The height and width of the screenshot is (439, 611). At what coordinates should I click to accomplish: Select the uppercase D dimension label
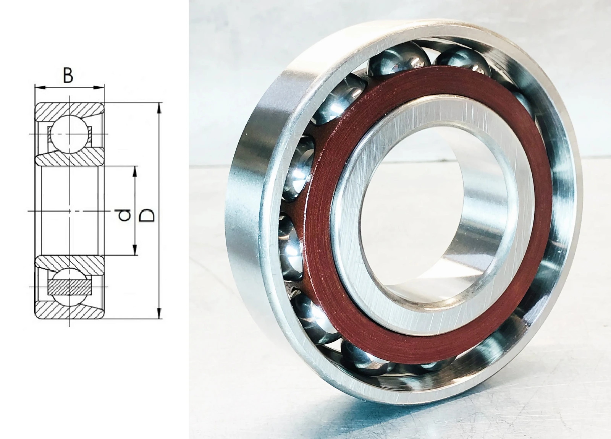(x=147, y=215)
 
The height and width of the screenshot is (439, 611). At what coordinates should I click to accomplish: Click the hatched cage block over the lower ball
(x=69, y=287)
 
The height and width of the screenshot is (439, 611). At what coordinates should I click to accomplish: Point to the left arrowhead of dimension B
(x=40, y=87)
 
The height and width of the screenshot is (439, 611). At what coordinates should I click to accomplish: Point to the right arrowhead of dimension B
(x=99, y=87)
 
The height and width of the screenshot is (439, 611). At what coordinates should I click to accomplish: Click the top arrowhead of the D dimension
(x=160, y=108)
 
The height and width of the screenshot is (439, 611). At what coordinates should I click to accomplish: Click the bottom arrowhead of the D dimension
(x=160, y=313)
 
